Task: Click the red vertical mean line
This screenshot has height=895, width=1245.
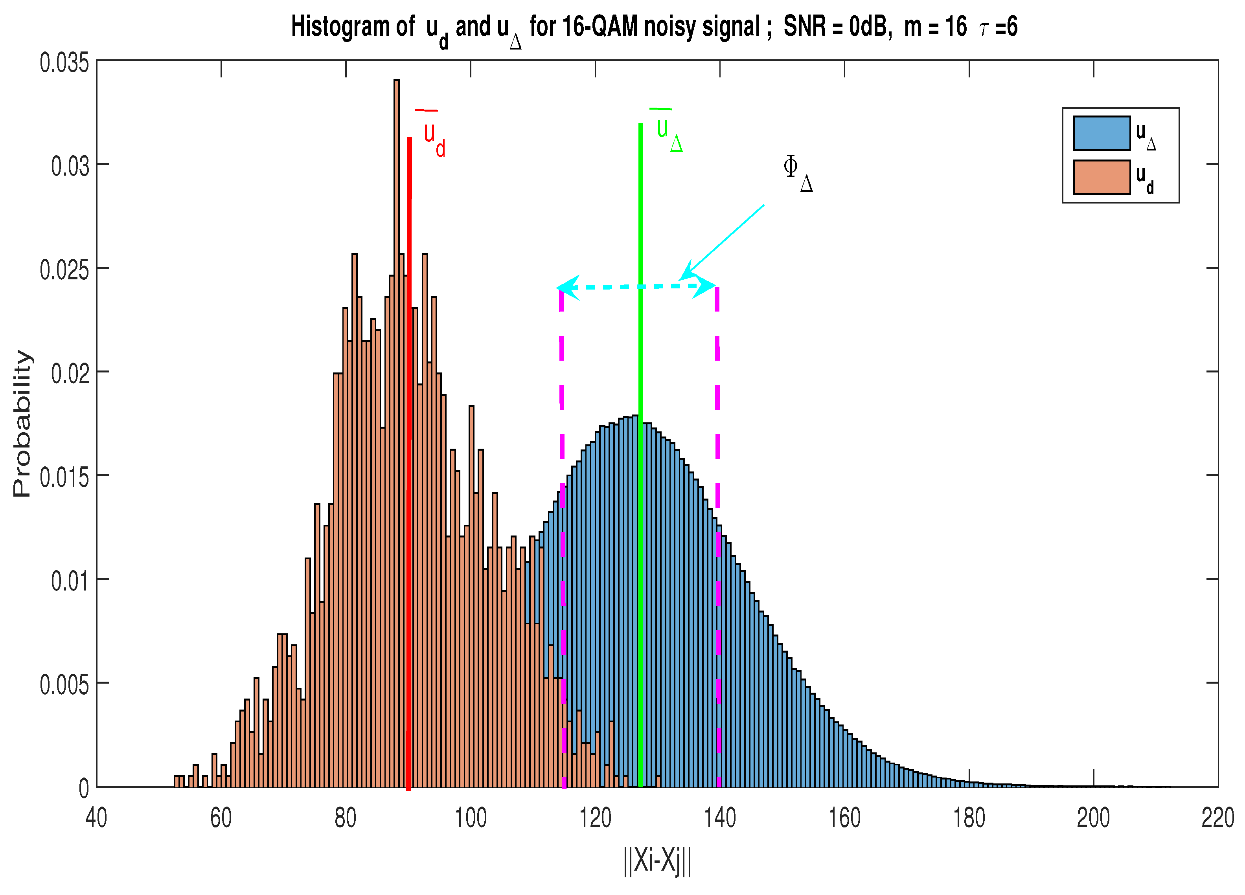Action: click(409, 494)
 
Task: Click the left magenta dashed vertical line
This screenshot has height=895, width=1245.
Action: click(562, 439)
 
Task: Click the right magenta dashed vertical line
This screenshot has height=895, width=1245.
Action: click(717, 439)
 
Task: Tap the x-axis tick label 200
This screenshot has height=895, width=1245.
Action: click(1093, 818)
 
